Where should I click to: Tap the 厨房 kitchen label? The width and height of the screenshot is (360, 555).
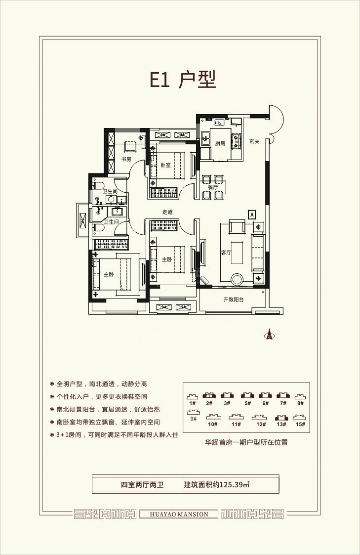(x=220, y=143)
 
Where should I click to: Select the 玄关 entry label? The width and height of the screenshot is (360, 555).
(x=254, y=141)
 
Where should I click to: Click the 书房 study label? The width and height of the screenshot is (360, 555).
(x=126, y=159)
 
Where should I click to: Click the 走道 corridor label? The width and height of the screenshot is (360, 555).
(x=167, y=212)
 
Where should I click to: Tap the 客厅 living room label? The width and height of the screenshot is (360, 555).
(x=226, y=253)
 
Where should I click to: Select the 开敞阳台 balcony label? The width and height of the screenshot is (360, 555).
(x=234, y=299)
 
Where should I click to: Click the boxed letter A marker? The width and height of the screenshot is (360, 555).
(x=252, y=214)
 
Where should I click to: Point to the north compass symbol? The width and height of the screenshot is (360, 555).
(x=270, y=335)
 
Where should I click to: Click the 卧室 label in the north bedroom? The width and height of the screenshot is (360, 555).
(x=165, y=165)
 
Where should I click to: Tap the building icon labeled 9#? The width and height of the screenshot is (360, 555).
(x=193, y=412)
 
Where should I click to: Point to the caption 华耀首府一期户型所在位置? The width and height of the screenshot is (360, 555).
(x=246, y=442)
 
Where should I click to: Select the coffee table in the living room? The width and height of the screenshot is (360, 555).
(x=237, y=253)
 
